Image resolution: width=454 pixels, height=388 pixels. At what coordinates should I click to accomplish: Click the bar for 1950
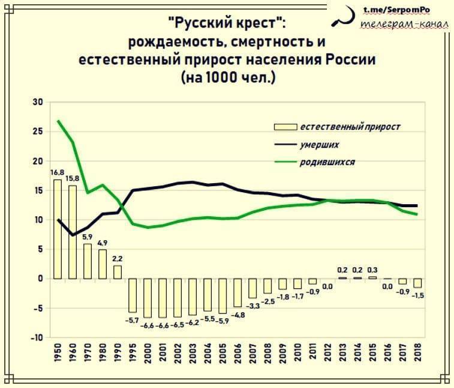click(58, 228)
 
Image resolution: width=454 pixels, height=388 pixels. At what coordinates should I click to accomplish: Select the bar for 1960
click(73, 231)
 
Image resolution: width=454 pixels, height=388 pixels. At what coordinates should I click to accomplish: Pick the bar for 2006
click(237, 293)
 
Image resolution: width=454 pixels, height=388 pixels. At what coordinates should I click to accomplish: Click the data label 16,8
click(58, 173)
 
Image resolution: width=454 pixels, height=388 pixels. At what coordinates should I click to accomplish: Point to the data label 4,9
click(103, 243)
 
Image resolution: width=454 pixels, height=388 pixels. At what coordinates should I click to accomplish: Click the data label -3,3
click(253, 306)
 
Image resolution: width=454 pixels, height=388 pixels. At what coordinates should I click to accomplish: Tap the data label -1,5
click(419, 295)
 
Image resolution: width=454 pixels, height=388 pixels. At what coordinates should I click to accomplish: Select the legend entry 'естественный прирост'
click(349, 127)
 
